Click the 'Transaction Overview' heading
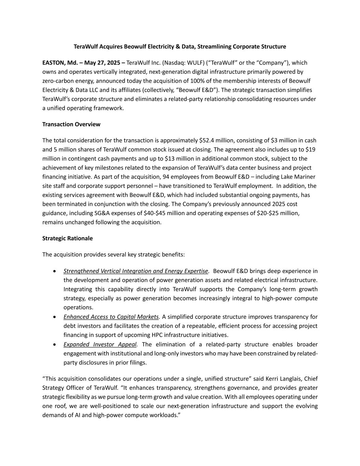point(71,124)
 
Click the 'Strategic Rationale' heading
point(67,238)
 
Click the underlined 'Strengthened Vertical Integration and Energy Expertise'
point(136,271)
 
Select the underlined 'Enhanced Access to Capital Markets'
point(111,317)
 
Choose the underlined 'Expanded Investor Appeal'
point(100,344)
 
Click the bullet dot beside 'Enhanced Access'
point(55,317)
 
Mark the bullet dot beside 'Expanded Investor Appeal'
point(55,344)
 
